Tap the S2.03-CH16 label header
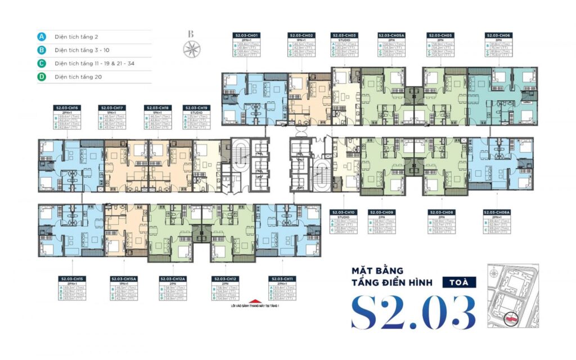click(x=67, y=107)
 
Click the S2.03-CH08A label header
click(x=497, y=212)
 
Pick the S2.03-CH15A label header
click(x=125, y=279)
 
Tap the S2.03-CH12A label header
click(x=173, y=279)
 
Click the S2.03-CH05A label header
click(x=391, y=35)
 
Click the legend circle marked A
click(x=42, y=37)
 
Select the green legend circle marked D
click(x=42, y=76)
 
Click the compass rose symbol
click(x=190, y=49)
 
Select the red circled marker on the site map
click(x=511, y=318)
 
